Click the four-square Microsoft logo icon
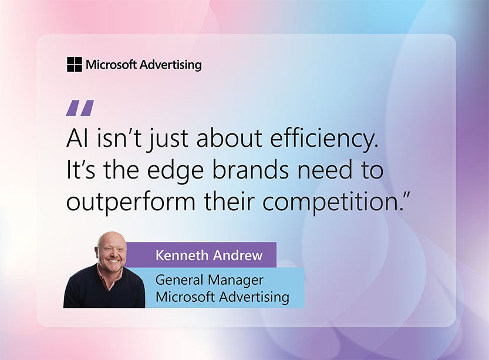pos(74,65)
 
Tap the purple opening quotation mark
pos(80,108)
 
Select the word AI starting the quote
pos(76,139)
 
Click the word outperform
pos(130,202)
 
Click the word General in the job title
pos(177,280)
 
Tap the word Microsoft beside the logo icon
pos(111,65)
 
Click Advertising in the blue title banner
pos(254,297)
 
